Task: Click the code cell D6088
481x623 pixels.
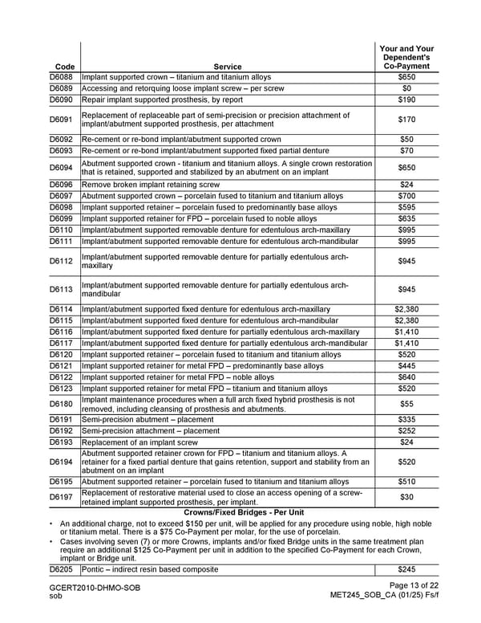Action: click(62, 77)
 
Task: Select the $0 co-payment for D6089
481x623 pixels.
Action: click(406, 88)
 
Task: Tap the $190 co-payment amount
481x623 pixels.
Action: click(406, 100)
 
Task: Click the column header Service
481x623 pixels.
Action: click(228, 67)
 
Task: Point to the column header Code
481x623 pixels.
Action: click(62, 67)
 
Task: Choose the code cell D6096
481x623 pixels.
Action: click(62, 185)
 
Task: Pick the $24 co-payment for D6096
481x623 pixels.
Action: click(406, 185)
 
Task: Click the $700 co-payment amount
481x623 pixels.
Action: click(406, 196)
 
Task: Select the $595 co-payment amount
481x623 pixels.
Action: click(406, 207)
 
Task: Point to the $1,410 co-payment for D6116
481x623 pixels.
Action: click(406, 332)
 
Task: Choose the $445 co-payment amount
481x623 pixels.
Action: click(406, 366)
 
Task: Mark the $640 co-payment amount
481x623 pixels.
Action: click(406, 377)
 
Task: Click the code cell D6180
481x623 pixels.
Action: click(62, 405)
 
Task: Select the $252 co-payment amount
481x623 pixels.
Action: click(406, 430)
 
